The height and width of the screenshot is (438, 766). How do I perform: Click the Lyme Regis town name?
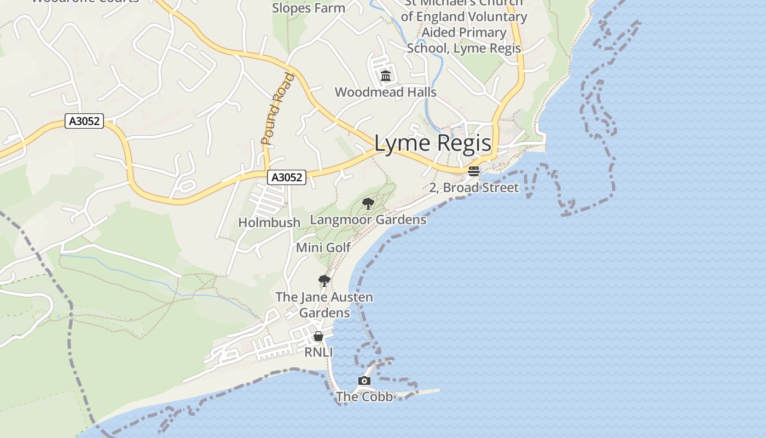[433, 143]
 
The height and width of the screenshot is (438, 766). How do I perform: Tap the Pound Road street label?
[278, 109]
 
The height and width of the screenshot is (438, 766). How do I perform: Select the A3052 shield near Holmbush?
[287, 177]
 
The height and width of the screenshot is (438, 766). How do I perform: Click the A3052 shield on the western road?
[84, 121]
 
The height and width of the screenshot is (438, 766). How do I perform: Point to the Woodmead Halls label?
[386, 92]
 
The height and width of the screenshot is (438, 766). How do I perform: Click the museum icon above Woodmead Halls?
[386, 76]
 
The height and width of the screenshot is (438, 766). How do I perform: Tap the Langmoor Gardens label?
[368, 220]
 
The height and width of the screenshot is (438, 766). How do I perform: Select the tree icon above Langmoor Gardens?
[368, 204]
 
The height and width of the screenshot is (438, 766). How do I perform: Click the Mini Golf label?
[323, 247]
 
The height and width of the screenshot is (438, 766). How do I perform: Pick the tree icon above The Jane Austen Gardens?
[324, 281]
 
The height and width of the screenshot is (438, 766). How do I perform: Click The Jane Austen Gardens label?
[324, 305]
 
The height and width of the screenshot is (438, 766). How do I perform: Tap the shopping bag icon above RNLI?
[318, 336]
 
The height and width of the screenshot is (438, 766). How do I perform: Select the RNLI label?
[318, 352]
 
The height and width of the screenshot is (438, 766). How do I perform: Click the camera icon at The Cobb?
[364, 381]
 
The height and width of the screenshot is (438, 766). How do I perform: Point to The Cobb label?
[364, 396]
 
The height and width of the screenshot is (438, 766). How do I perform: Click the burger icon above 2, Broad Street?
[474, 171]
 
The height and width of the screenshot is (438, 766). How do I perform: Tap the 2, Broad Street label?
[474, 188]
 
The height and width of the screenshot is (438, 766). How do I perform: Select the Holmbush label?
[269, 222]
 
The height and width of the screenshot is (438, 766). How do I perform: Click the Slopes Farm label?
[309, 8]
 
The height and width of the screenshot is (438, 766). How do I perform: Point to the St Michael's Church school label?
[464, 25]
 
